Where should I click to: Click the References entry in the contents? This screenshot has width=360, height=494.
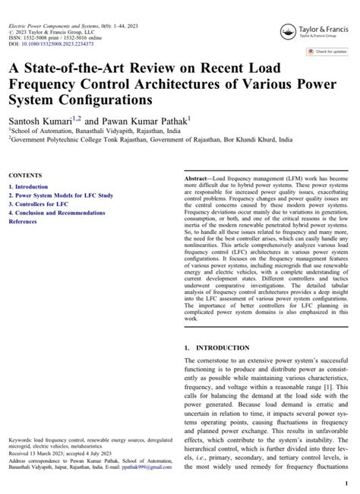click(23, 222)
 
